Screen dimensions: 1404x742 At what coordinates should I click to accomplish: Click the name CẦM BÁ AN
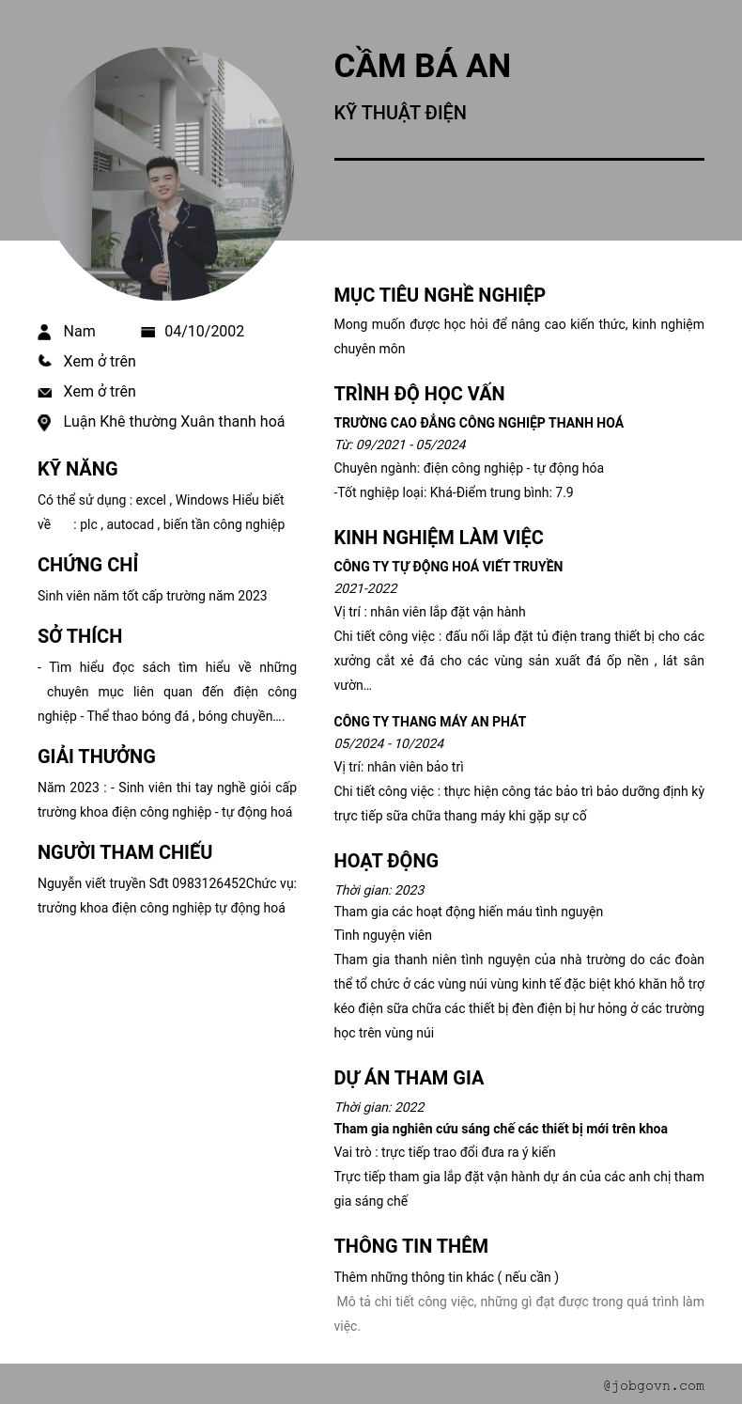tap(422, 66)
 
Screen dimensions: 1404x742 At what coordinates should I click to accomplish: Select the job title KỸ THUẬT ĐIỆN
tap(400, 113)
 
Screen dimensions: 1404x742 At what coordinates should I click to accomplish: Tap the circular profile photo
tap(167, 174)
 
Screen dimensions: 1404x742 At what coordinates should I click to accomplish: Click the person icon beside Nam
tap(44, 332)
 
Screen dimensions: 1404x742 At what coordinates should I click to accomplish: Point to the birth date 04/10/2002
tap(204, 332)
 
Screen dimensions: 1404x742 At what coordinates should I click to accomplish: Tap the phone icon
tap(44, 361)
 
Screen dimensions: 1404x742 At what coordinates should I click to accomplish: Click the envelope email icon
tap(44, 392)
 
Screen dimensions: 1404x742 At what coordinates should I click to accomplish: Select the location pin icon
tap(44, 423)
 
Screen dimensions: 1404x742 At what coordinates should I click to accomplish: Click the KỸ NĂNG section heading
tap(77, 469)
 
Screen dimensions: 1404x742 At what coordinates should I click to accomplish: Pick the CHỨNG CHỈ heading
tap(87, 565)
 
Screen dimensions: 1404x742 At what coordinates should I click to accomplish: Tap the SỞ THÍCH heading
tap(80, 636)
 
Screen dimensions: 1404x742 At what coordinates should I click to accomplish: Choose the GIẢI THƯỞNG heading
tap(97, 757)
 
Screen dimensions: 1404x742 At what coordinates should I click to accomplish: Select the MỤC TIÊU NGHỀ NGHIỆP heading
tap(440, 295)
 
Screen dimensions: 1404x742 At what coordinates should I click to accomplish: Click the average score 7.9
tap(564, 492)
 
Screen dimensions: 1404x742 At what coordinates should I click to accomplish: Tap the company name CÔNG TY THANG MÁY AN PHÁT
tap(429, 722)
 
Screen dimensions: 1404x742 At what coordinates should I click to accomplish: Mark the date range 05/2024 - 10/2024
tap(389, 743)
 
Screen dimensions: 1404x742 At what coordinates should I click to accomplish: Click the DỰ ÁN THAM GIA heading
tap(409, 1078)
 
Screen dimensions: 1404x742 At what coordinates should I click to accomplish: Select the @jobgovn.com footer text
tap(654, 1385)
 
